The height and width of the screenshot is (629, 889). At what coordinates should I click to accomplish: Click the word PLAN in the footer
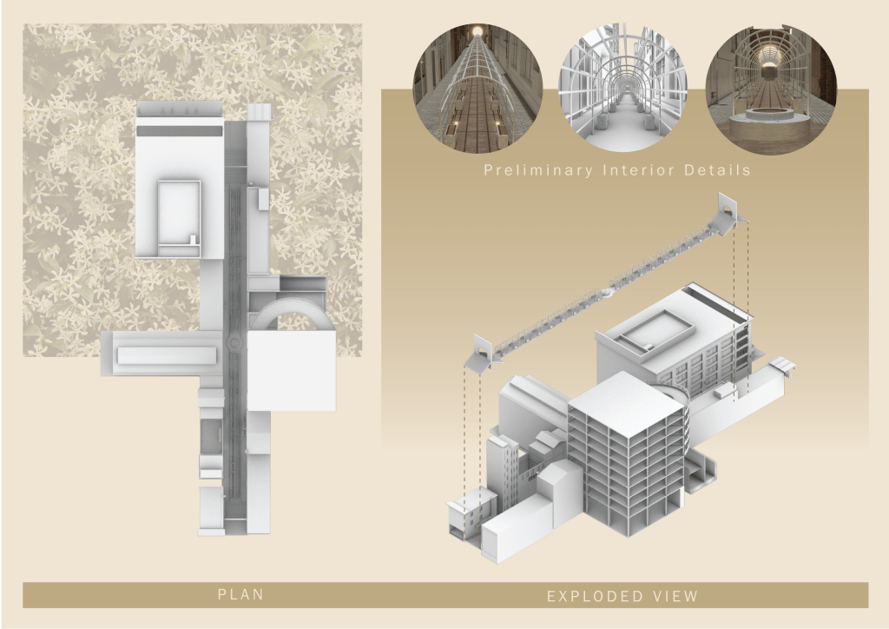[x=240, y=594]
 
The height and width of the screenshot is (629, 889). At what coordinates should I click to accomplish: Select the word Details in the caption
[x=717, y=170]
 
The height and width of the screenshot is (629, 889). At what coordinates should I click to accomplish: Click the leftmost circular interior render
[x=477, y=89]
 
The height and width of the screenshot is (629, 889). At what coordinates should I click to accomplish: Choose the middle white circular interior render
[x=622, y=89]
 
